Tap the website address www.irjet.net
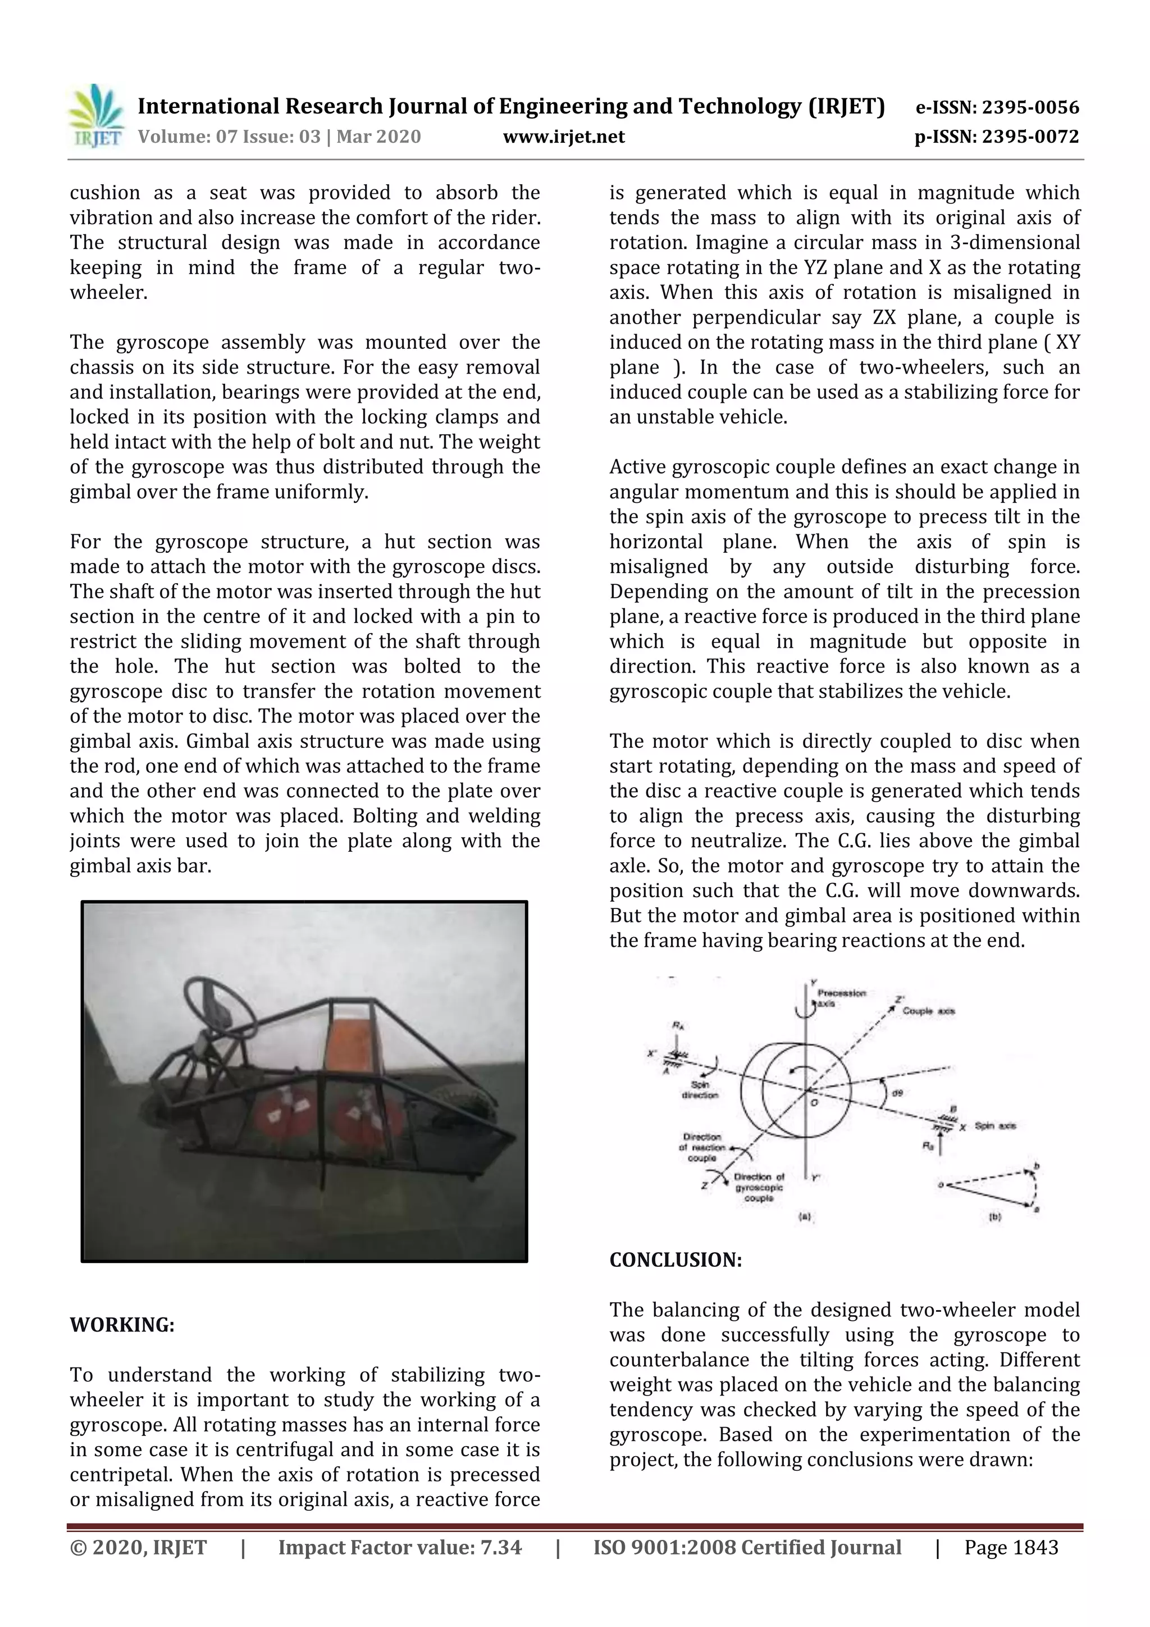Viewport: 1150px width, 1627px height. pyautogui.click(x=564, y=137)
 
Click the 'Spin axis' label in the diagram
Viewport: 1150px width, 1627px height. pyautogui.click(x=995, y=1125)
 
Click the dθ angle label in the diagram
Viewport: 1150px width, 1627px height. pyautogui.click(x=897, y=1093)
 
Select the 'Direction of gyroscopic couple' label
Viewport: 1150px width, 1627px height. pyautogui.click(x=759, y=1187)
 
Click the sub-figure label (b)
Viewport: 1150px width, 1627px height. pyautogui.click(x=994, y=1217)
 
